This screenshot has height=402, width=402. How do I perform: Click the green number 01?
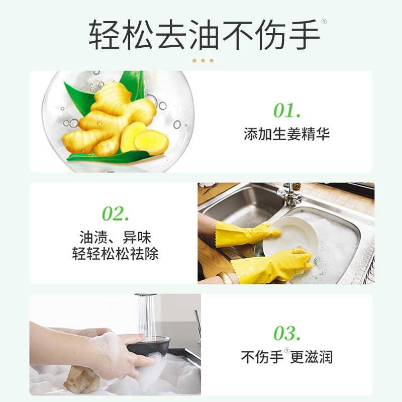point(287,111)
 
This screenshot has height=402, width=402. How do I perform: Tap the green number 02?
point(116,214)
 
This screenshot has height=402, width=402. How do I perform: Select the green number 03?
point(287,333)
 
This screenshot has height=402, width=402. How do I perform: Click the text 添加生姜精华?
point(286,134)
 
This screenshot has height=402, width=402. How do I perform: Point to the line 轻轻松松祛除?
point(116,254)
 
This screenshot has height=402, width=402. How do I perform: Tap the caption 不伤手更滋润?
point(286,356)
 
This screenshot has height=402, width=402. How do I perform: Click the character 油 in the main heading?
point(205,34)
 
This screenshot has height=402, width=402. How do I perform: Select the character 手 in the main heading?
point(305,34)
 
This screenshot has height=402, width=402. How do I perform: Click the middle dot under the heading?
point(203,60)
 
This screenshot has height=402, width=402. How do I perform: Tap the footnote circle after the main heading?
point(324,22)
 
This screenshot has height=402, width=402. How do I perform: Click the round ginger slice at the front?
point(151,142)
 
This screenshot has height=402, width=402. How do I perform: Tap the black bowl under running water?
point(149,345)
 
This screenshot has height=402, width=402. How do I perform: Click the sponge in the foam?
point(82,379)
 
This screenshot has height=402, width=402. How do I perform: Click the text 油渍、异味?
point(116,237)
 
